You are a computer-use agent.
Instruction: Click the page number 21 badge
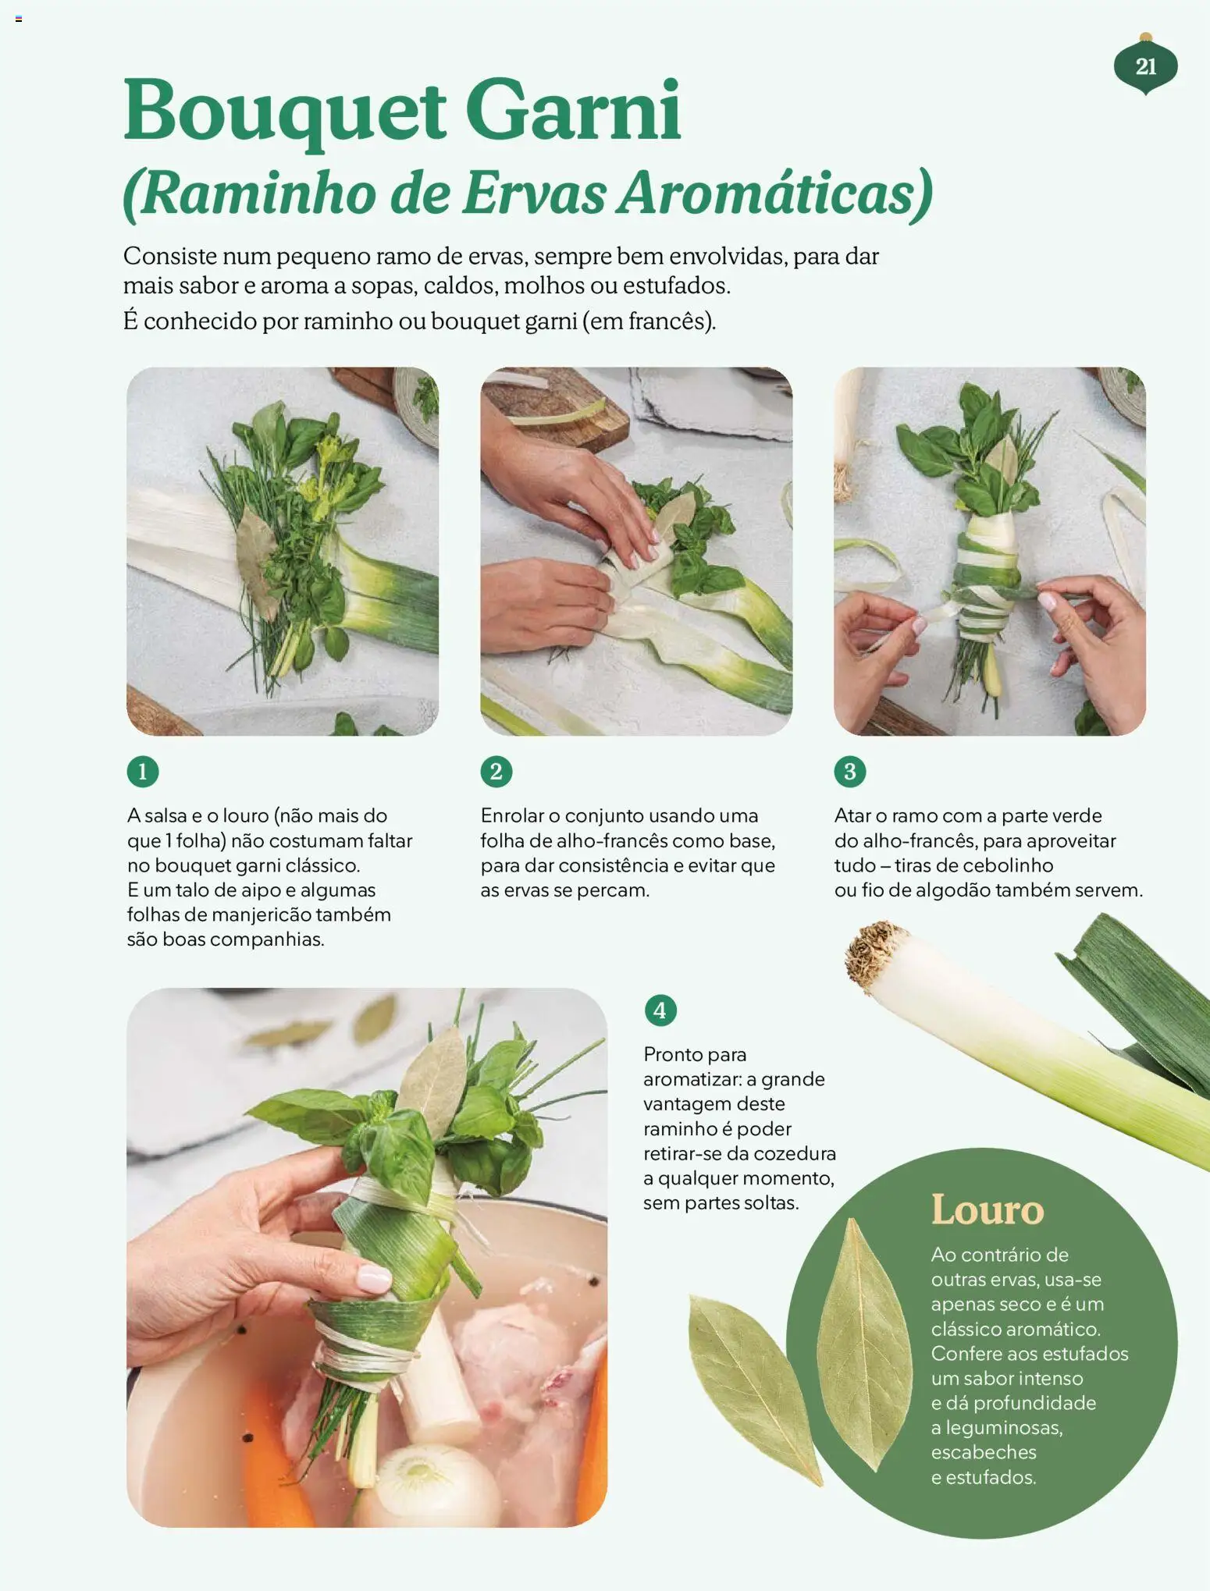coord(1145,66)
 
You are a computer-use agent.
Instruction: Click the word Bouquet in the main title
coord(286,111)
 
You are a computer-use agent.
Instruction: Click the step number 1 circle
coord(143,772)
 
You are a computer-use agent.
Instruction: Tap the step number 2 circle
coord(496,772)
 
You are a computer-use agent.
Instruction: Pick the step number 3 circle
coord(850,772)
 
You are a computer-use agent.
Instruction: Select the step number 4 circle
coord(660,1010)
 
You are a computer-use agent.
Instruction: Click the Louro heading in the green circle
coord(988,1209)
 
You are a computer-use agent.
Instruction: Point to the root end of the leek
coord(876,954)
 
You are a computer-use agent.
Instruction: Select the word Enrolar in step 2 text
coord(512,815)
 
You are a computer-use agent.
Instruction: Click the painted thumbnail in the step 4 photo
coord(373,1277)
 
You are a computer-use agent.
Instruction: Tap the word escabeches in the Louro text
coord(984,1452)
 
